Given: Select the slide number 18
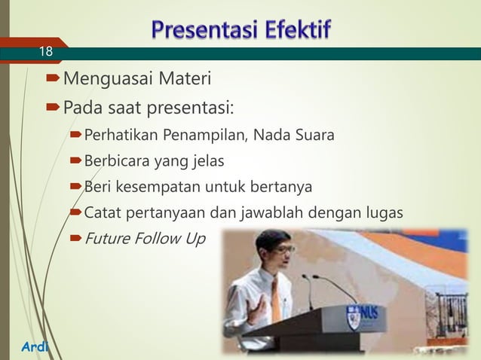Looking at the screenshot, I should pos(46,52).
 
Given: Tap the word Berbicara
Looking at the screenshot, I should pos(116,161).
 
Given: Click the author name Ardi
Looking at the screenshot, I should pos(23,346).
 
